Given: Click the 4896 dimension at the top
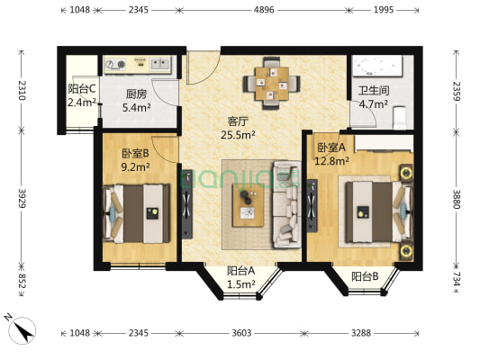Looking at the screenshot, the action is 264,10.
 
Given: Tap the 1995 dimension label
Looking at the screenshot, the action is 384,10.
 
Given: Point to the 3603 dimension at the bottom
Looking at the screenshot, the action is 241,332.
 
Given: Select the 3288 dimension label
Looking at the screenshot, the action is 361,332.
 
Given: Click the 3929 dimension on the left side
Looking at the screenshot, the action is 22,199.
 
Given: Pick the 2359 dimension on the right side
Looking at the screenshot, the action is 457,91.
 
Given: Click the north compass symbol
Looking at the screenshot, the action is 22,329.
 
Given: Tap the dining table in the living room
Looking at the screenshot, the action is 272,83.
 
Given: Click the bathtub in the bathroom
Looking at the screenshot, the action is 377,65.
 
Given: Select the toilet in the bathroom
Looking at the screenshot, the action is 399,118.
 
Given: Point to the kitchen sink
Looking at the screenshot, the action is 159,64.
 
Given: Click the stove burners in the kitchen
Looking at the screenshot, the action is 115,64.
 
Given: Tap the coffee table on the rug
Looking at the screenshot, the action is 248,205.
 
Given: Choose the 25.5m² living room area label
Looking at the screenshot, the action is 238,135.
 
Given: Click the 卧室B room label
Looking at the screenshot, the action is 135,153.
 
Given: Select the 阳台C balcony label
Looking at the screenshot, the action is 82,89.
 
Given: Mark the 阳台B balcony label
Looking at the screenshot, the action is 365,276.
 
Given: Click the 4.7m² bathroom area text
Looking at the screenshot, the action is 373,104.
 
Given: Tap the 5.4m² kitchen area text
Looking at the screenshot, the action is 136,107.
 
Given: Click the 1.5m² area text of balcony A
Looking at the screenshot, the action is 241,284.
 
